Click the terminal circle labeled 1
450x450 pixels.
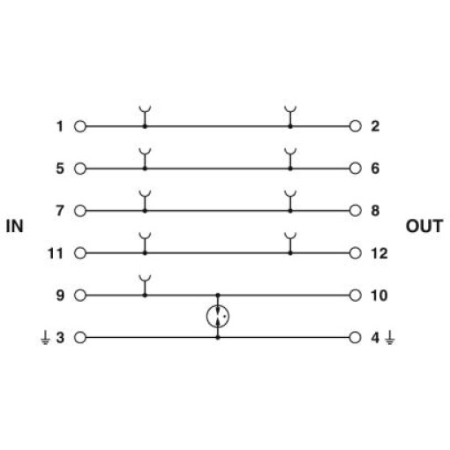click(x=80, y=126)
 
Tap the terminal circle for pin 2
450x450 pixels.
click(x=356, y=126)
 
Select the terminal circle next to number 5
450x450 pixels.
click(x=80, y=169)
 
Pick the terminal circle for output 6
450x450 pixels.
click(x=356, y=169)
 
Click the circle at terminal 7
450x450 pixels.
click(x=80, y=211)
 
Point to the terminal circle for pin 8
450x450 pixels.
click(x=356, y=211)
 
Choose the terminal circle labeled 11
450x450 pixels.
click(x=80, y=253)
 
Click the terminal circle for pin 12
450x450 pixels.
click(x=356, y=253)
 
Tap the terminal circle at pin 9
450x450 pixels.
click(x=80, y=296)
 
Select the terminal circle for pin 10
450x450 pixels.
click(x=356, y=295)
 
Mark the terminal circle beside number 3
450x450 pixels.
click(x=80, y=338)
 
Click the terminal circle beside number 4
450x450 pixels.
click(x=356, y=337)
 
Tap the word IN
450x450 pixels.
click(x=14, y=226)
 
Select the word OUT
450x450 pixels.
click(x=424, y=226)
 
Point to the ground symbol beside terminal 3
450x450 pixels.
click(x=45, y=338)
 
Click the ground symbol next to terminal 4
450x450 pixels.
click(x=390, y=338)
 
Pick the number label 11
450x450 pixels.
click(x=56, y=253)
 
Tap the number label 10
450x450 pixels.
click(x=379, y=296)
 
